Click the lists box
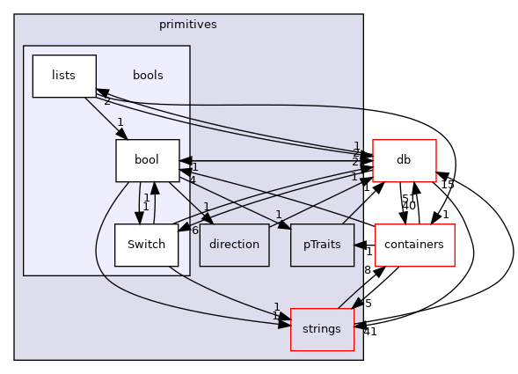point(63,76)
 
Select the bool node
point(147,160)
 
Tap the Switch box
point(146,245)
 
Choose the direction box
point(234,245)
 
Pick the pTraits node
point(322,245)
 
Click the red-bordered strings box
point(322,329)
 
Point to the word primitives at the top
point(187,25)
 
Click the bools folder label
point(148,76)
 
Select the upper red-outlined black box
point(405,160)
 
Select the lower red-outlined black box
point(415,245)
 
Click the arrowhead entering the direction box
point(208,218)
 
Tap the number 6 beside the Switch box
point(194,230)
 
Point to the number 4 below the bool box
point(192,180)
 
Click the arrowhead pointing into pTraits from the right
point(360,245)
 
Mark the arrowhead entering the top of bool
point(122,134)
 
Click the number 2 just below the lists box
point(107,102)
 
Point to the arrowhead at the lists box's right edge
point(102,92)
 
